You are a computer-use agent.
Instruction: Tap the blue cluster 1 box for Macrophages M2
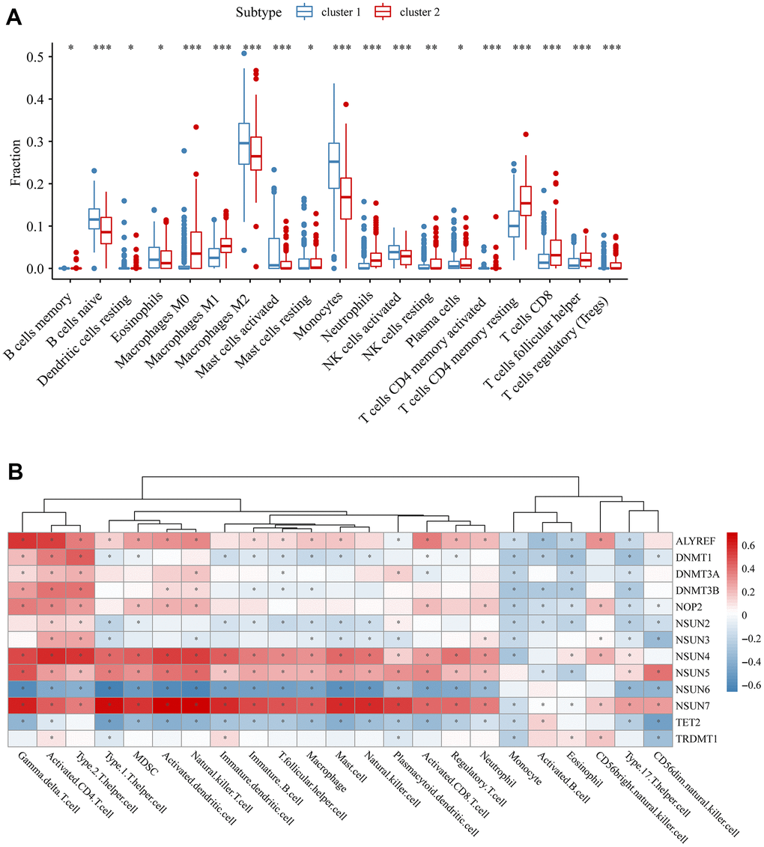pos(244,143)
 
